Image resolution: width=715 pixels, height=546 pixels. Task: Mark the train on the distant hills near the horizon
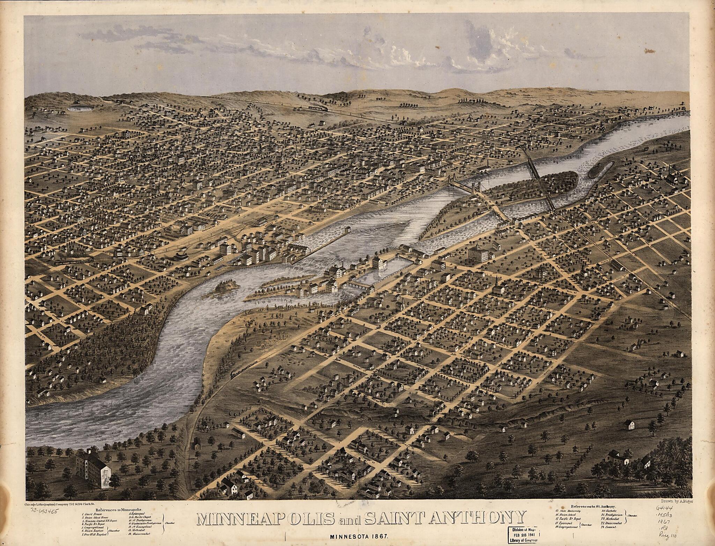(318, 109)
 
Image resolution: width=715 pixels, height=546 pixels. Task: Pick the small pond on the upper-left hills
(78, 108)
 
